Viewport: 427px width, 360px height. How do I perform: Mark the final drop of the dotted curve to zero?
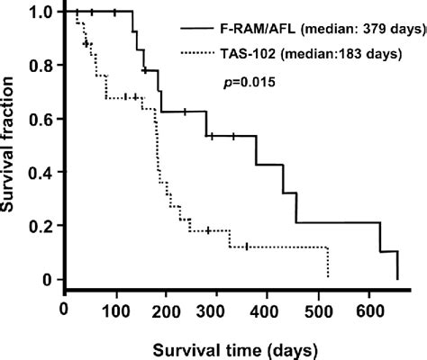pyautogui.click(x=329, y=263)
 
